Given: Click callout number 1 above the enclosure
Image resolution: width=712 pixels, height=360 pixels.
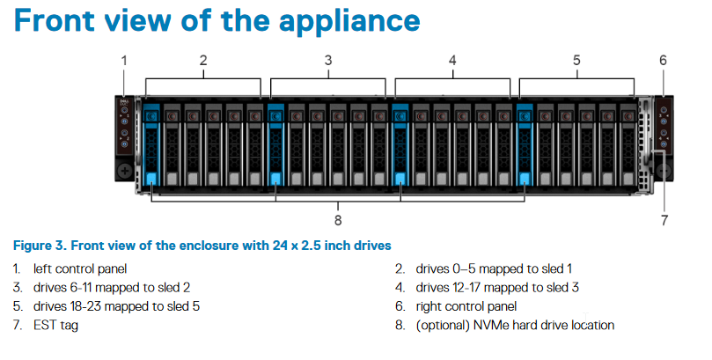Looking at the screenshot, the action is click(124, 61).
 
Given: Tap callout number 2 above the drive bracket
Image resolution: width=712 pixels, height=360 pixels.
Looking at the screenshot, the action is click(203, 61).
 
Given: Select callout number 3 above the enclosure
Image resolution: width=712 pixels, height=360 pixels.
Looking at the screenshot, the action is click(328, 61).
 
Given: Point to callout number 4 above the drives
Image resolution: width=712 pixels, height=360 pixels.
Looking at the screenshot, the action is click(452, 61).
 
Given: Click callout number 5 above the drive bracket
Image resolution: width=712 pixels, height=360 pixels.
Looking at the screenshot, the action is click(576, 61).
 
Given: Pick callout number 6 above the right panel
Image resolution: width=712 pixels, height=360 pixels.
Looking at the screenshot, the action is click(663, 61).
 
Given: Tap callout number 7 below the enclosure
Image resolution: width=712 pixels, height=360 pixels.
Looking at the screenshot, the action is click(664, 220).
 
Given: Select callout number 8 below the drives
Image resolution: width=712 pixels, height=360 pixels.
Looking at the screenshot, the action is click(338, 220).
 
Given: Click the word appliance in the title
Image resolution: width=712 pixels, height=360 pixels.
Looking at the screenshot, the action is click(349, 21).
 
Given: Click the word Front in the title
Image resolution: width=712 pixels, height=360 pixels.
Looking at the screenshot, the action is click(55, 20).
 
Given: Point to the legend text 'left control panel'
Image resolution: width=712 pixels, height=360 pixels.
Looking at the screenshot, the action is click(80, 268).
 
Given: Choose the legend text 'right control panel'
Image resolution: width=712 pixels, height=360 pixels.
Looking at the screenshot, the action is click(466, 306).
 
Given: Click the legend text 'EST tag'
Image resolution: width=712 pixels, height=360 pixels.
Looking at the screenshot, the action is click(55, 326).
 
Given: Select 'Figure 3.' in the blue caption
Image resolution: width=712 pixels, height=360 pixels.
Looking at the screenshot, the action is click(40, 246).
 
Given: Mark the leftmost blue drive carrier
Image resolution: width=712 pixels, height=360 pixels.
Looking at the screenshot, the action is click(151, 144).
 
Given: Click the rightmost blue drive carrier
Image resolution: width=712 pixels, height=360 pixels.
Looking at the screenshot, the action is click(525, 144).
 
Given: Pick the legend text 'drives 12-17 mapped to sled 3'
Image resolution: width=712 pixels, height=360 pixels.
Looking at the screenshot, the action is click(497, 288).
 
